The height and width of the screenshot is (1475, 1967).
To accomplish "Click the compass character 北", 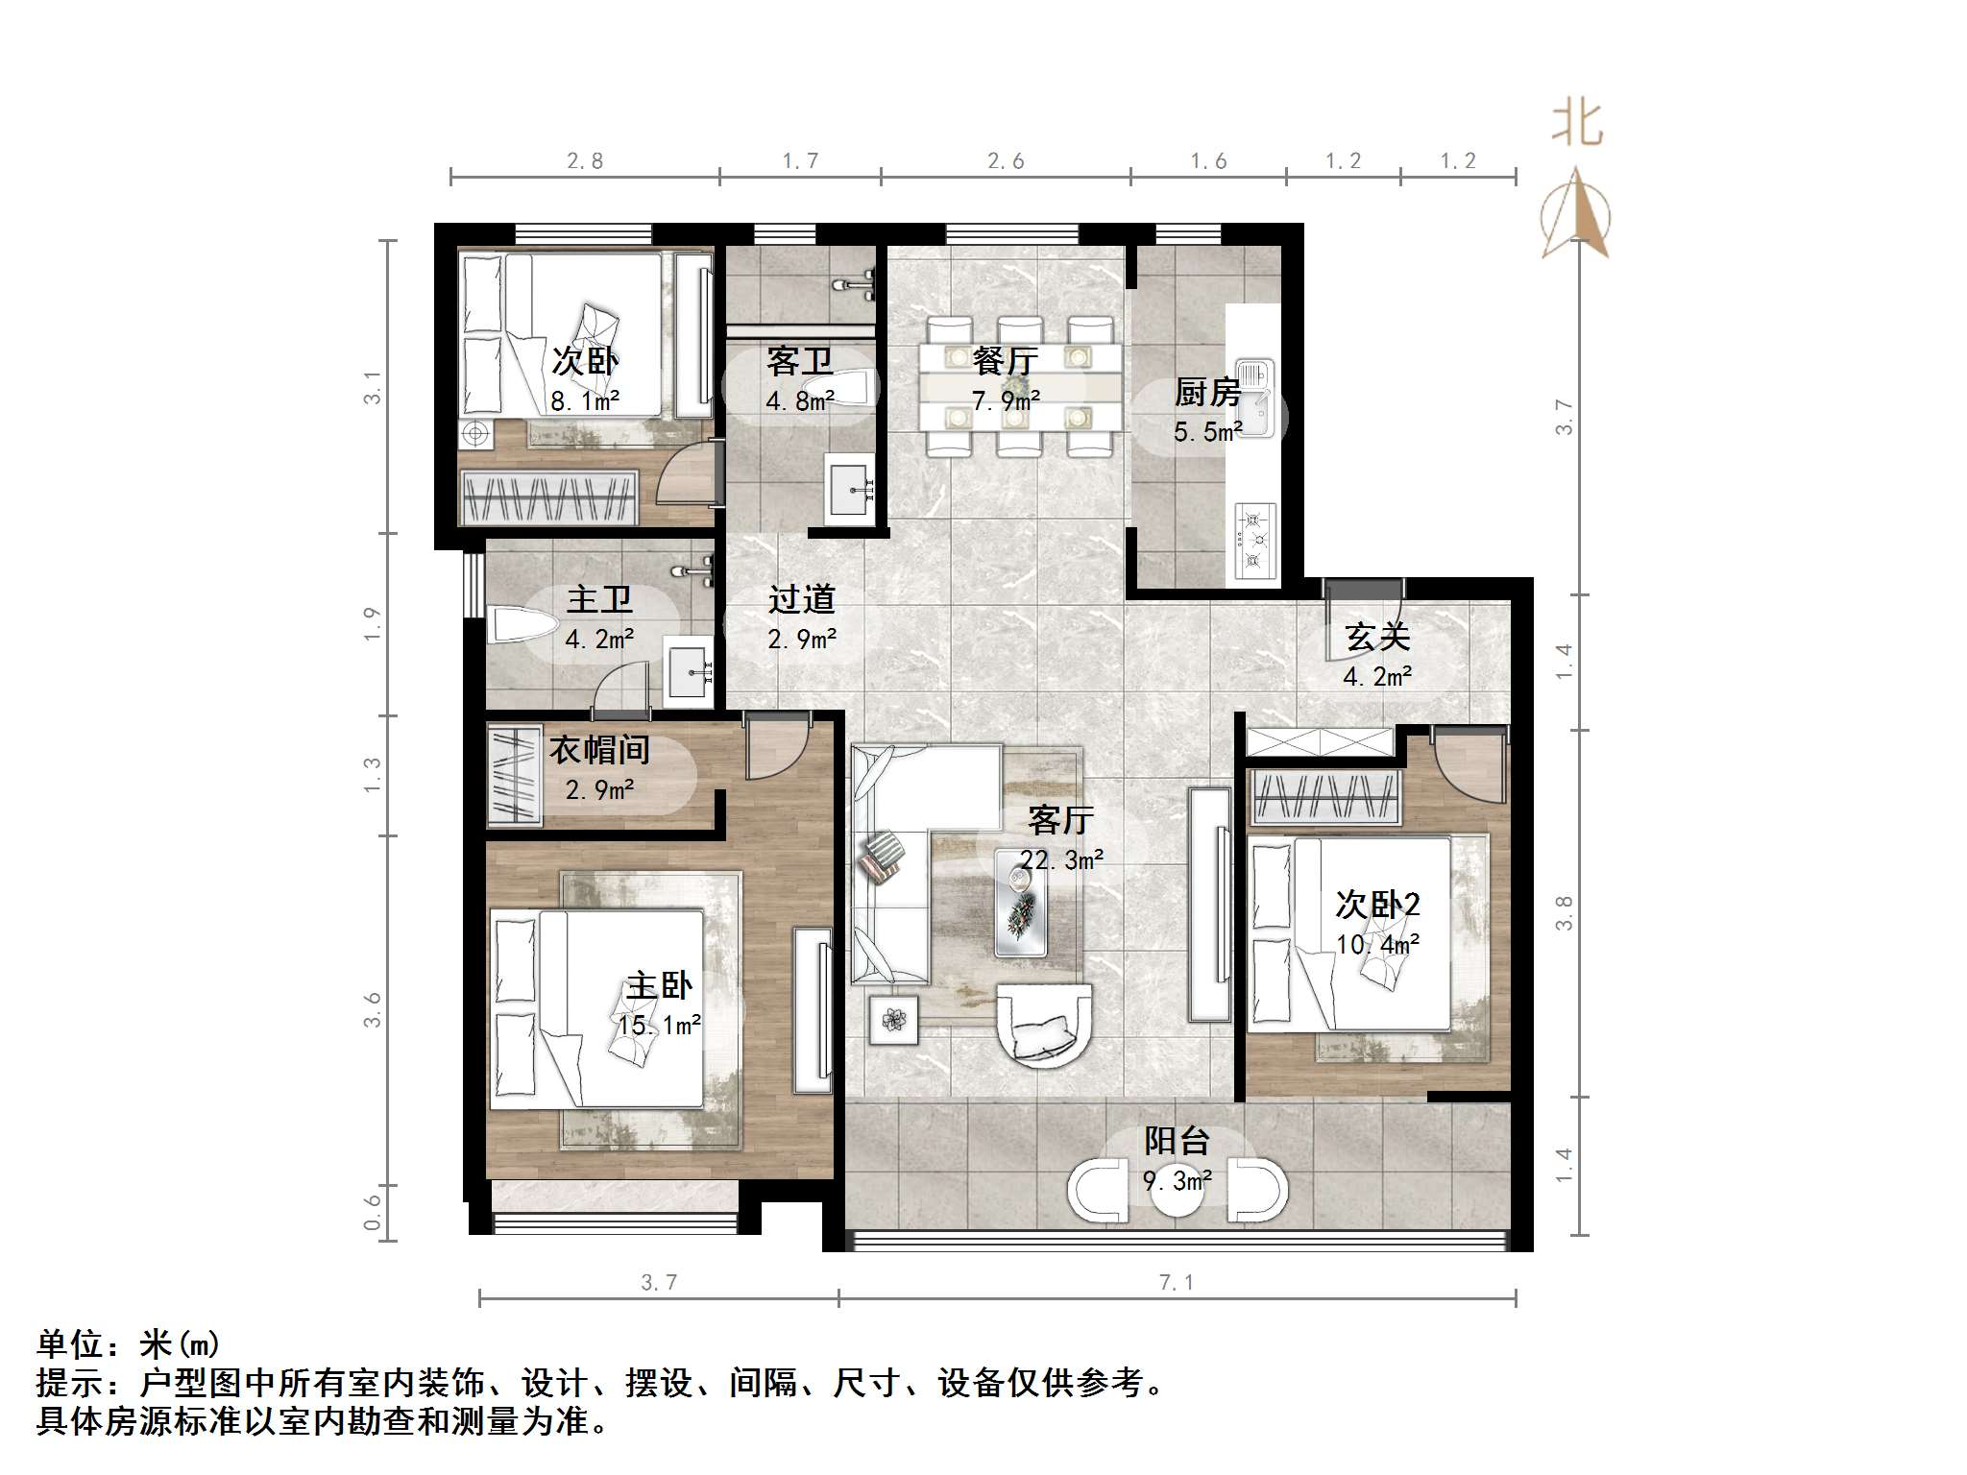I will pos(1577,124).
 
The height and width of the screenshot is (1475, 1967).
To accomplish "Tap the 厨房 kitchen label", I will pos(1207,393).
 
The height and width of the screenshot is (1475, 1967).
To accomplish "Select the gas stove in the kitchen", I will pos(1254,541).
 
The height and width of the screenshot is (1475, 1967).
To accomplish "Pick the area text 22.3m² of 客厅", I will pos(1061,860).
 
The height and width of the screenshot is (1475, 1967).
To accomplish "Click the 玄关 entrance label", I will pos(1377,637).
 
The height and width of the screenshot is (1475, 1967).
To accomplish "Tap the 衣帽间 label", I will pos(599,750).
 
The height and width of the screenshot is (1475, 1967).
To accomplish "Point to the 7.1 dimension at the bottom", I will pos(1176,1282).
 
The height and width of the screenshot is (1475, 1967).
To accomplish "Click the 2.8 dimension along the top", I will pos(584,161).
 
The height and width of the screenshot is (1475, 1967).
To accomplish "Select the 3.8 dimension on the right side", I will pos(1564,912).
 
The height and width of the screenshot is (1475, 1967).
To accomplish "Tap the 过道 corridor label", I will pos(801,599).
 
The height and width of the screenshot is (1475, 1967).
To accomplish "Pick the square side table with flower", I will pos(893,1019).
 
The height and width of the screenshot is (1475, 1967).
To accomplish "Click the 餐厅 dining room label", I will pos(1005,361).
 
